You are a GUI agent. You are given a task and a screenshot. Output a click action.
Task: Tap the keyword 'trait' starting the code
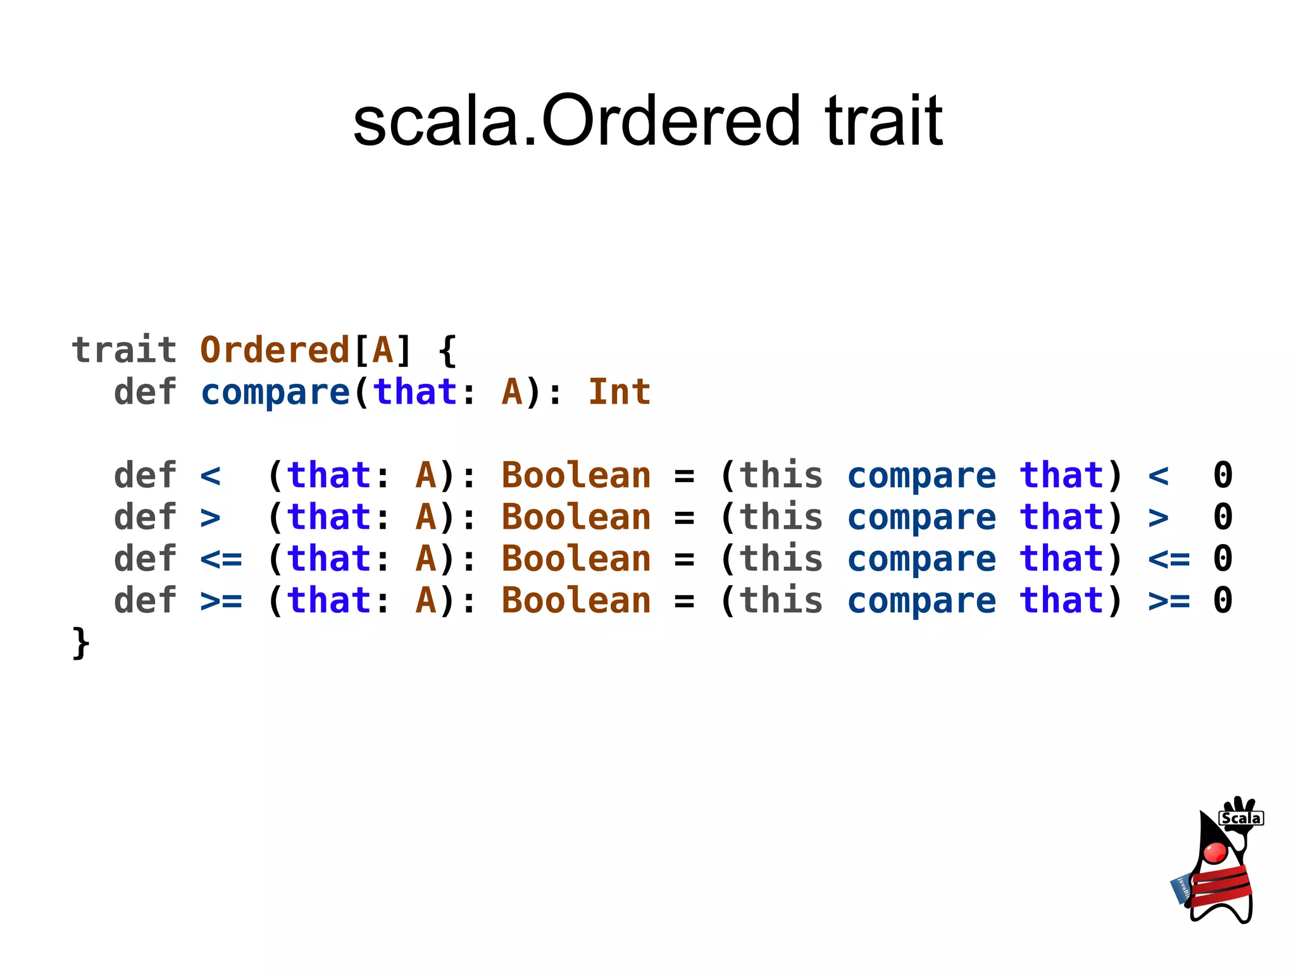coord(124,350)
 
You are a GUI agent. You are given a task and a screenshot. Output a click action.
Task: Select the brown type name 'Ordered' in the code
coord(275,350)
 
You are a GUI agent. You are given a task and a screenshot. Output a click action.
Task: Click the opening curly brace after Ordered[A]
coord(447,351)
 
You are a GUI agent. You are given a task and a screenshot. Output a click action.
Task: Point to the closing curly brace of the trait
coord(81,643)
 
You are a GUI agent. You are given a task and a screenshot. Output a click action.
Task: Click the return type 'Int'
coord(619,392)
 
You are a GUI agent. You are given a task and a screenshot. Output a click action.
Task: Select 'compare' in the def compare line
coord(275,393)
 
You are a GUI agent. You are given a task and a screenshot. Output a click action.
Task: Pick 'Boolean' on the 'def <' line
coord(576,475)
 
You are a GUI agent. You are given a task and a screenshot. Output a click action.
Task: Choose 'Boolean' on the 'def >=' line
coord(576,600)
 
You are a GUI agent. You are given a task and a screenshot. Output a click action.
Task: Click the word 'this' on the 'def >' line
coord(781,517)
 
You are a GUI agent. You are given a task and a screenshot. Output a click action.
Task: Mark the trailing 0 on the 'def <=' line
coord(1223,559)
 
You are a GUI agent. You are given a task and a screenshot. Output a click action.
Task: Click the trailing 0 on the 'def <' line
coord(1223,475)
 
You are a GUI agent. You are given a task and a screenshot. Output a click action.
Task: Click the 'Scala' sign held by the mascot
coord(1241,818)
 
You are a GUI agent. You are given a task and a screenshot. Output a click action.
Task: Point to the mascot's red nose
coord(1215,852)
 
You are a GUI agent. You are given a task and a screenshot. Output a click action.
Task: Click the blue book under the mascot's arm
coord(1181,889)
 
